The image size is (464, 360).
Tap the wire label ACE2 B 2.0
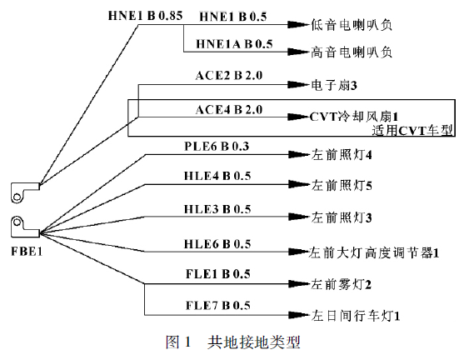227,76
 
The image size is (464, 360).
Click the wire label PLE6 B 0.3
217,147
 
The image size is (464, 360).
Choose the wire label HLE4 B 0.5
217,177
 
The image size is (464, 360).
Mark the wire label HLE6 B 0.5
217,243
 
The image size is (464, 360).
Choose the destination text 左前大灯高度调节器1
374,251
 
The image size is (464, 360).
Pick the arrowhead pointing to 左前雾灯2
297,283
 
